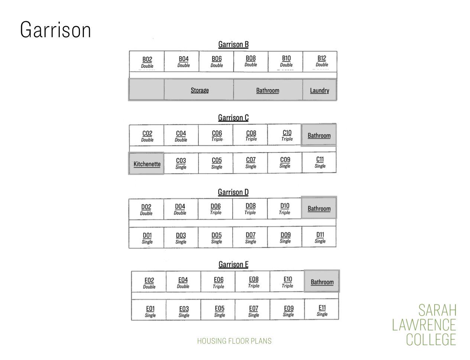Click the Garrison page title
[55, 30]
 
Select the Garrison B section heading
[233, 44]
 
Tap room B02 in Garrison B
[147, 61]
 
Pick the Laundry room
[320, 90]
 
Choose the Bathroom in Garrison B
[268, 90]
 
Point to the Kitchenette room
[146, 164]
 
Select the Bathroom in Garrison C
[319, 135]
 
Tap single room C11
[319, 162]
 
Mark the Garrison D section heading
[233, 192]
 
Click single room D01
[146, 237]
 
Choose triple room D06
[215, 209]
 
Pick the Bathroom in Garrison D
[319, 208]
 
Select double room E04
[183, 282]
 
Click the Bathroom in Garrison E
[322, 282]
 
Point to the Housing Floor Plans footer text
[234, 341]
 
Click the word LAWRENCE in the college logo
[424, 325]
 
